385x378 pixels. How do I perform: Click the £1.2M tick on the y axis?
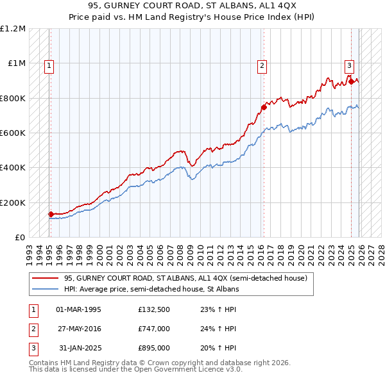13,29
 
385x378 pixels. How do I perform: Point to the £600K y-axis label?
13,133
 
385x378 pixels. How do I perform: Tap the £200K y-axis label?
13,202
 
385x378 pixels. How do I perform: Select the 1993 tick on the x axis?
29,250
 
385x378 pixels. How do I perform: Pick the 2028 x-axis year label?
382,250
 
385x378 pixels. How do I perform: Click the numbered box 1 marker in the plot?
49,65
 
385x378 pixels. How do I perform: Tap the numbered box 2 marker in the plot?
262,65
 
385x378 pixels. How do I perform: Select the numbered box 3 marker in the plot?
349,65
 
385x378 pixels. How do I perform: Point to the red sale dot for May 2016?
263,108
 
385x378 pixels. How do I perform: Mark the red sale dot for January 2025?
351,82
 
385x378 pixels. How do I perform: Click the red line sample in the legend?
46,279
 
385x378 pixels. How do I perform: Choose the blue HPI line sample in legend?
46,289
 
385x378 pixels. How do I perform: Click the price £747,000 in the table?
153,329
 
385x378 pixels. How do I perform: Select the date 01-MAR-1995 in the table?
78,309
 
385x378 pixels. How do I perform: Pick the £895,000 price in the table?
153,348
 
